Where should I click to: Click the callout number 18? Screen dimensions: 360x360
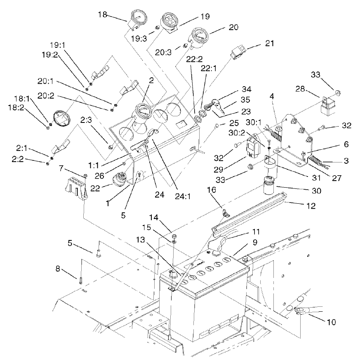(x=102, y=14)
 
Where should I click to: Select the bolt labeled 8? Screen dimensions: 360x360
(x=80, y=279)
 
